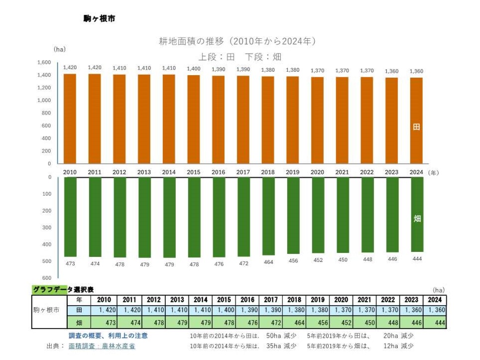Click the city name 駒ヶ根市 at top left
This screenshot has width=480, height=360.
tap(100, 18)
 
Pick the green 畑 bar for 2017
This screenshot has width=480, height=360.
tap(243, 217)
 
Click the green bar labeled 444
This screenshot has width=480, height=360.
tap(417, 215)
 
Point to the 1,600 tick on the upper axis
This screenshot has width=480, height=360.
tap(44, 63)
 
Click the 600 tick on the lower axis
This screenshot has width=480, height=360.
tap(47, 278)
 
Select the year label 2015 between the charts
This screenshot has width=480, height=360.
tap(194, 172)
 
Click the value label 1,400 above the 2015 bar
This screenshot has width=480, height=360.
tap(194, 68)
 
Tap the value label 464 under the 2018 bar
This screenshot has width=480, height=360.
tap(268, 262)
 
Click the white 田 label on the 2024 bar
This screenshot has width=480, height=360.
tap(417, 127)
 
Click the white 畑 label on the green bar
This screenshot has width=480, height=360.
tap(417, 219)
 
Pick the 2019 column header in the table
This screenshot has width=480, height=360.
tap(317, 300)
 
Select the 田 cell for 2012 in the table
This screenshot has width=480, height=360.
tap(154, 310)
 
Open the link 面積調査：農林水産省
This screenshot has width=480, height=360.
tap(102, 346)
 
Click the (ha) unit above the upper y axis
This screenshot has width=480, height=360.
tap(59, 49)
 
